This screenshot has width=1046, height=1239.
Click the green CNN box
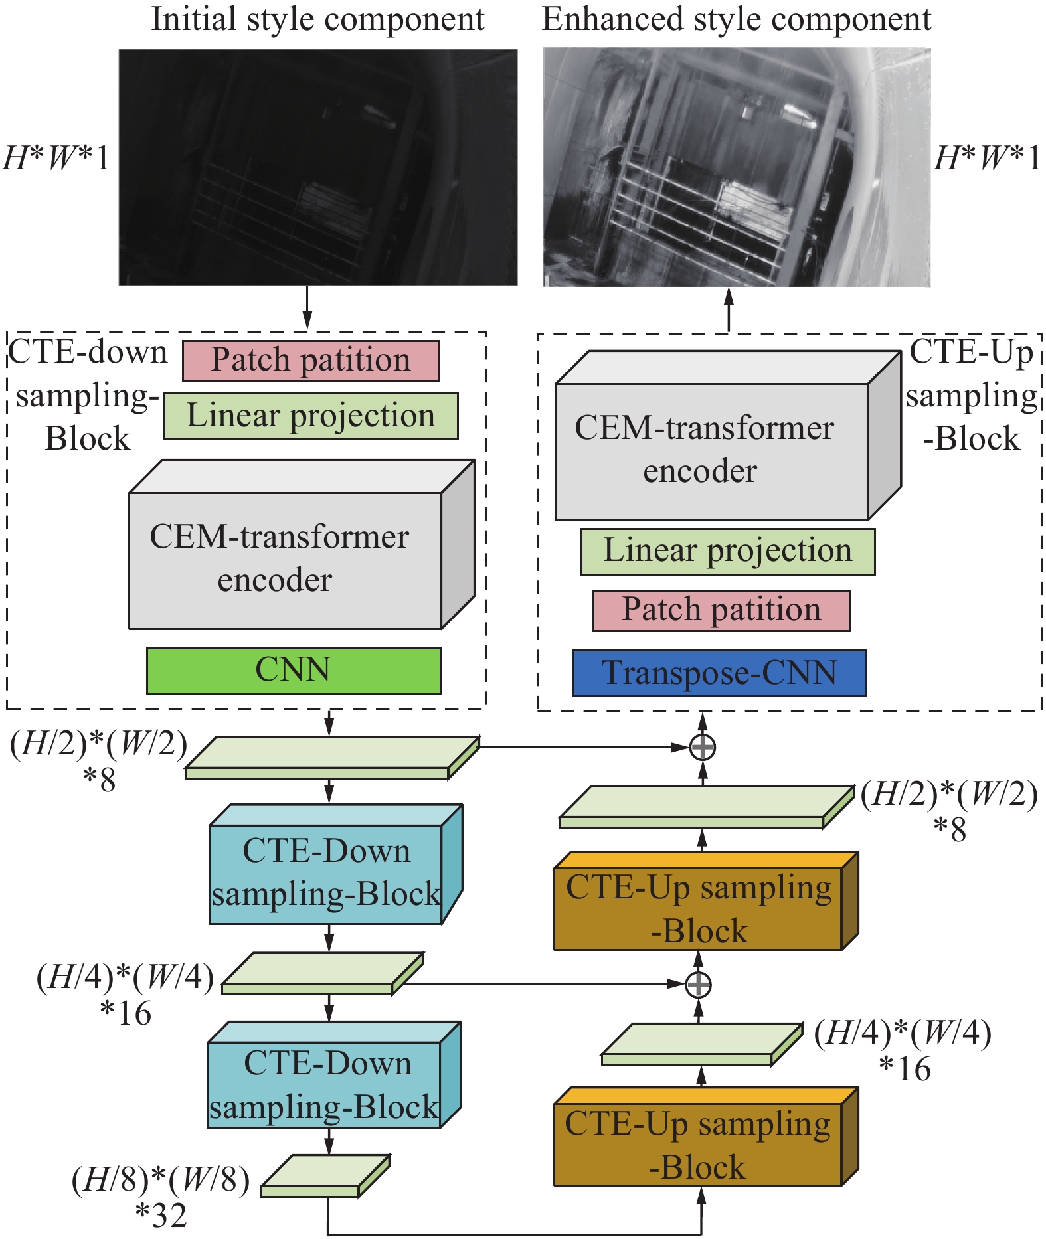[293, 671]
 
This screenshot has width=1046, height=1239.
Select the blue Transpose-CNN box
[719, 673]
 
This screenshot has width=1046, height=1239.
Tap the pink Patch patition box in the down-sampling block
[310, 361]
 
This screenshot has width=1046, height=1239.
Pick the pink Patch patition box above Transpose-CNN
[721, 610]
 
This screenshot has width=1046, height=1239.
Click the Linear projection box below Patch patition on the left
[310, 416]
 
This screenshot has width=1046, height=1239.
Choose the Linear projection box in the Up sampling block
[727, 551]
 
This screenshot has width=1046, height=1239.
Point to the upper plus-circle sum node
[702, 747]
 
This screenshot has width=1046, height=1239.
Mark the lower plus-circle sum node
[698, 984]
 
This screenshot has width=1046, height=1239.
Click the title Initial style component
[317, 19]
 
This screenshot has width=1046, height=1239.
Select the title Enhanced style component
[736, 19]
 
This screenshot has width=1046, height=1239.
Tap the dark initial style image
[317, 167]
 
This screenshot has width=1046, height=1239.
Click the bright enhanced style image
[737, 167]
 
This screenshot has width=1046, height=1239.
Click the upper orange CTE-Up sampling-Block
[698, 908]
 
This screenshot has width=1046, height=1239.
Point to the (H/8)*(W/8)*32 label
[161, 1196]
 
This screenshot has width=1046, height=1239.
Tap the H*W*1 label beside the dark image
[56, 159]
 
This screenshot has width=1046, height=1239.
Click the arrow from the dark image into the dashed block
[307, 307]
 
